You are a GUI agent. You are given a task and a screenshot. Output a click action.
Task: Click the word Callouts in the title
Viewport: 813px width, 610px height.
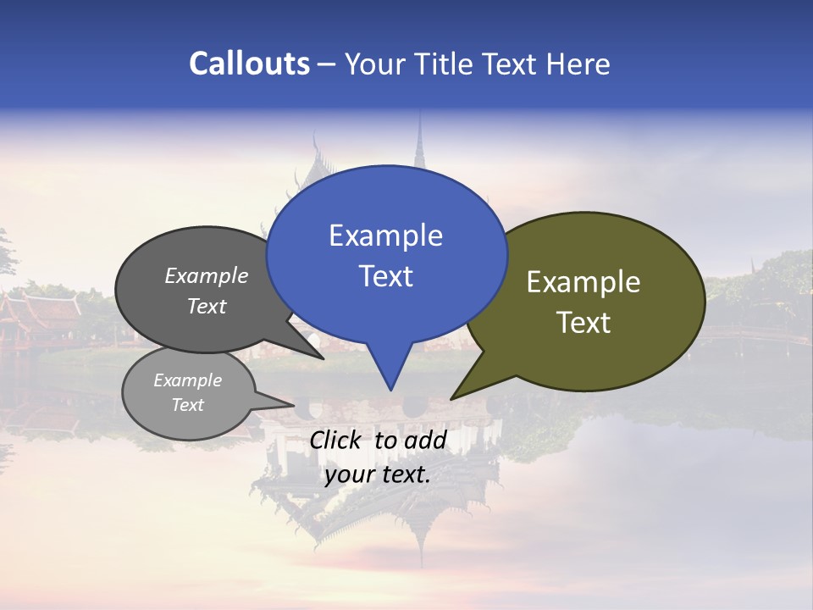pos(249,64)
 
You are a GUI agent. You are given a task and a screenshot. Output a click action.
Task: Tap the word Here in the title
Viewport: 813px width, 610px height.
pos(578,64)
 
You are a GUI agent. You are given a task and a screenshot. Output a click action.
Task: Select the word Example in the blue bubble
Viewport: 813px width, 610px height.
pos(385,236)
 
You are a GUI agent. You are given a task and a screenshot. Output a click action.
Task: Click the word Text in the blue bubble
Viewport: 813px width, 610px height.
pos(385,276)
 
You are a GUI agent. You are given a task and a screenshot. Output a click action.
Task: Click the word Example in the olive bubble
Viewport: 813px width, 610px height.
pos(583,282)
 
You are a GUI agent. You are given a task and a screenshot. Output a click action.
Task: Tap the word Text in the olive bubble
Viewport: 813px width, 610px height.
pos(583,323)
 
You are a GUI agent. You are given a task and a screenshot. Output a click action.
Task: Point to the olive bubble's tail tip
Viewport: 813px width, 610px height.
pos(452,398)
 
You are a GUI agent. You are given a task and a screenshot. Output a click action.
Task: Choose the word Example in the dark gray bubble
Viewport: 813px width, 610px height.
pos(207,276)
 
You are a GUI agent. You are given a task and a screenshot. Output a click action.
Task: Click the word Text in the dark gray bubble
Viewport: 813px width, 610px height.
pos(207,307)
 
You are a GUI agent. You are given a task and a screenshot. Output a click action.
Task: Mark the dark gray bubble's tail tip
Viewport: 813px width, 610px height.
pos(323,358)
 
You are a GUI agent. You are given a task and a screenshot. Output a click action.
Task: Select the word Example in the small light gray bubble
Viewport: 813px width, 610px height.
pos(187,380)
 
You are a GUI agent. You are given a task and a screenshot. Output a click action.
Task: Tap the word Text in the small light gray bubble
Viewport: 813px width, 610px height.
pos(187,405)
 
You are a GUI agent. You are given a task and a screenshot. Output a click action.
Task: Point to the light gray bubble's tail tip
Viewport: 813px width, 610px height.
pos(293,405)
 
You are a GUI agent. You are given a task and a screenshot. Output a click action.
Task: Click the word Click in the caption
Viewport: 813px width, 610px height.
pos(334,440)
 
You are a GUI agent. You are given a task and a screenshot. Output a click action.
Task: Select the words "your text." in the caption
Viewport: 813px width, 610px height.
pos(378,474)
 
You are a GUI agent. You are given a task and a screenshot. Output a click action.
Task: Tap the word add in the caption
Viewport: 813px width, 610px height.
pos(425,440)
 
